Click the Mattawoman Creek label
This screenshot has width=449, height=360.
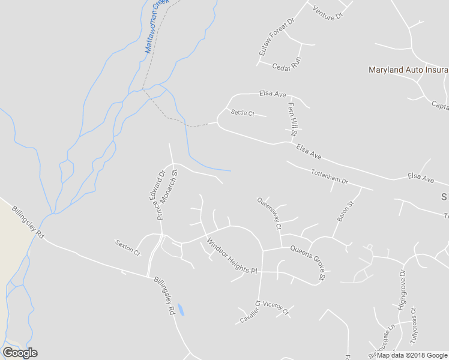(x=158, y=26)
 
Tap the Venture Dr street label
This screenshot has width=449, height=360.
(x=327, y=12)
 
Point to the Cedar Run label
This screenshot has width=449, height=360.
(x=286, y=67)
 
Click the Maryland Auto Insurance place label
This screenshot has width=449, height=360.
(x=408, y=70)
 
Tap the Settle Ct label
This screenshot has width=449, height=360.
(x=243, y=112)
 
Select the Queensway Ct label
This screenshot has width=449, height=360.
(x=269, y=214)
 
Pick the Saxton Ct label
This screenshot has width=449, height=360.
(x=127, y=247)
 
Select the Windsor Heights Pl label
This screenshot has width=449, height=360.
(x=232, y=256)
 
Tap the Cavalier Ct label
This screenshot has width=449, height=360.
(x=249, y=312)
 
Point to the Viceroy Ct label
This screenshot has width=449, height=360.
(x=276, y=308)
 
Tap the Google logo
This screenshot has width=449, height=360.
(x=20, y=353)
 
